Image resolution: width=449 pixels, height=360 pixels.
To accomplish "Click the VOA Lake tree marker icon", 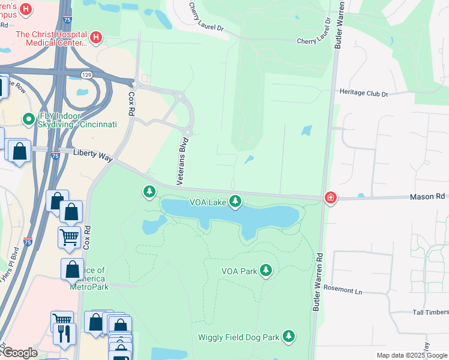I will click(236, 202).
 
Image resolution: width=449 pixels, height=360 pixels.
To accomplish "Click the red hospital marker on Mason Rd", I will click(330, 197).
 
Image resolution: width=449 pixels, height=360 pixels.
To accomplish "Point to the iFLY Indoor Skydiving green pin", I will click(27, 119).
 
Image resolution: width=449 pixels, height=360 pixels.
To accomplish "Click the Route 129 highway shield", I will click(87, 74).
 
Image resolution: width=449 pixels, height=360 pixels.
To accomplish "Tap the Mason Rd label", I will click(429, 197).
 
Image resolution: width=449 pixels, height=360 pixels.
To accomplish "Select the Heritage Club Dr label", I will click(364, 94).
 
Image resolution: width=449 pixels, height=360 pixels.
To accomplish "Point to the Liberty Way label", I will click(92, 155).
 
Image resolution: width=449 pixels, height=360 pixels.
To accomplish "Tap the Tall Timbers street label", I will click(430, 312).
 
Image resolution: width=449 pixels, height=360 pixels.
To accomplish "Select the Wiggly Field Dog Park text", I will click(238, 337).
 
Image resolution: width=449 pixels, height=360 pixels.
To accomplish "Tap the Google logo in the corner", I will click(19, 353).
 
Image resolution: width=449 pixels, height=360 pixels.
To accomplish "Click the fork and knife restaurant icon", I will click(64, 332).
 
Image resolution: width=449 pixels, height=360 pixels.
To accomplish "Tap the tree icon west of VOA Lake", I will click(149, 191).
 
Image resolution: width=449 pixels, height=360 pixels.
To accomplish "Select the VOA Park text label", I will click(239, 271).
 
